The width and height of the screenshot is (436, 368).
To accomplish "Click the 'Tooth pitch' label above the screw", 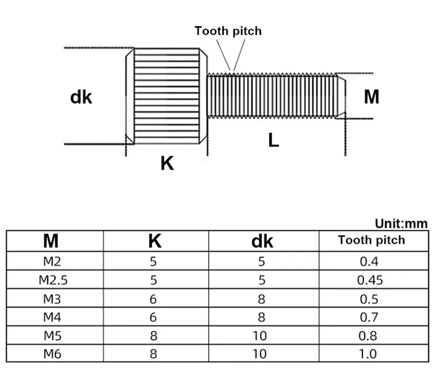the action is [228, 31].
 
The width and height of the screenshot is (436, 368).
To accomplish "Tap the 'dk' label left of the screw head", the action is [81, 97].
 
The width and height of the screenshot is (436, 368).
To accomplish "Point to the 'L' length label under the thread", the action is [274, 140].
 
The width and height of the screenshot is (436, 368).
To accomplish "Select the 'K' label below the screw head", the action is [167, 163].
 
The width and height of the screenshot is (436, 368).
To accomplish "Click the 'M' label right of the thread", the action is [372, 97].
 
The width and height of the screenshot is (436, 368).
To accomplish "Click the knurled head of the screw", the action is [166, 96].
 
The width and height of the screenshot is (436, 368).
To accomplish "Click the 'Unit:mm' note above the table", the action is [401, 224].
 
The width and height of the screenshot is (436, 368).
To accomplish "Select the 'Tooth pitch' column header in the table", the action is [372, 240].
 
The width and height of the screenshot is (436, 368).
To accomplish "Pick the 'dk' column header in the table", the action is [262, 241].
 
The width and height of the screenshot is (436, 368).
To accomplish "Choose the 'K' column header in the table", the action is [155, 241].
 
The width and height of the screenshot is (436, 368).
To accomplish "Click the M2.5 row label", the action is [53, 280].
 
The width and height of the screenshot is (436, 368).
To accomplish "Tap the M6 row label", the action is [52, 354].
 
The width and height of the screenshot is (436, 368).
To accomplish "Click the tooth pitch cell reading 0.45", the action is [370, 280].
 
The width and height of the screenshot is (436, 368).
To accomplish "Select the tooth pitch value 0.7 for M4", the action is [369, 318].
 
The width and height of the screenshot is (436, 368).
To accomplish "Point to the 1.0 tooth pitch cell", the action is [368, 354].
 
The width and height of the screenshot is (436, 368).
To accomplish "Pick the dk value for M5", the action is [260, 336].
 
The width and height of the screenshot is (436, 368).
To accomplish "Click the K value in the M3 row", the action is [153, 299].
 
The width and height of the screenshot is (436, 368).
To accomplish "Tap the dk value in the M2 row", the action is [261, 261].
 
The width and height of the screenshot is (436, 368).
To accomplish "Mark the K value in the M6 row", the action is [153, 354].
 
